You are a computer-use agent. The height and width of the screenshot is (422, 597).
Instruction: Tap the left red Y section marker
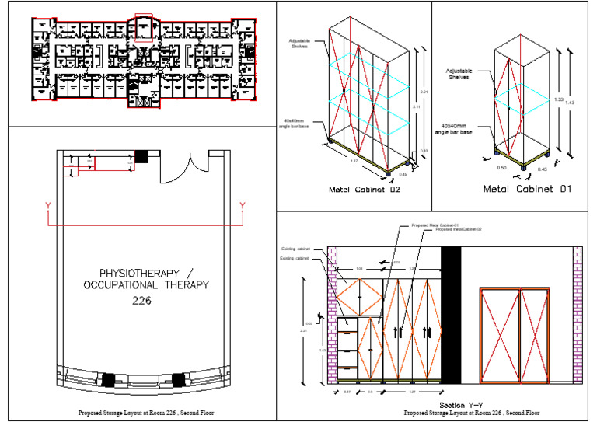click(48, 205)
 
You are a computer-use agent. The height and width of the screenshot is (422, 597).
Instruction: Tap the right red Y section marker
click(243, 205)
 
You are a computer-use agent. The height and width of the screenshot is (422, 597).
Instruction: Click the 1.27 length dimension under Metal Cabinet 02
click(354, 162)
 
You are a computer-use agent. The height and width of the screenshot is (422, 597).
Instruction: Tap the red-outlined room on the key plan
click(145, 26)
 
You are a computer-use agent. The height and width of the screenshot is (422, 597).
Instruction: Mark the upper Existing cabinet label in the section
click(295, 249)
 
